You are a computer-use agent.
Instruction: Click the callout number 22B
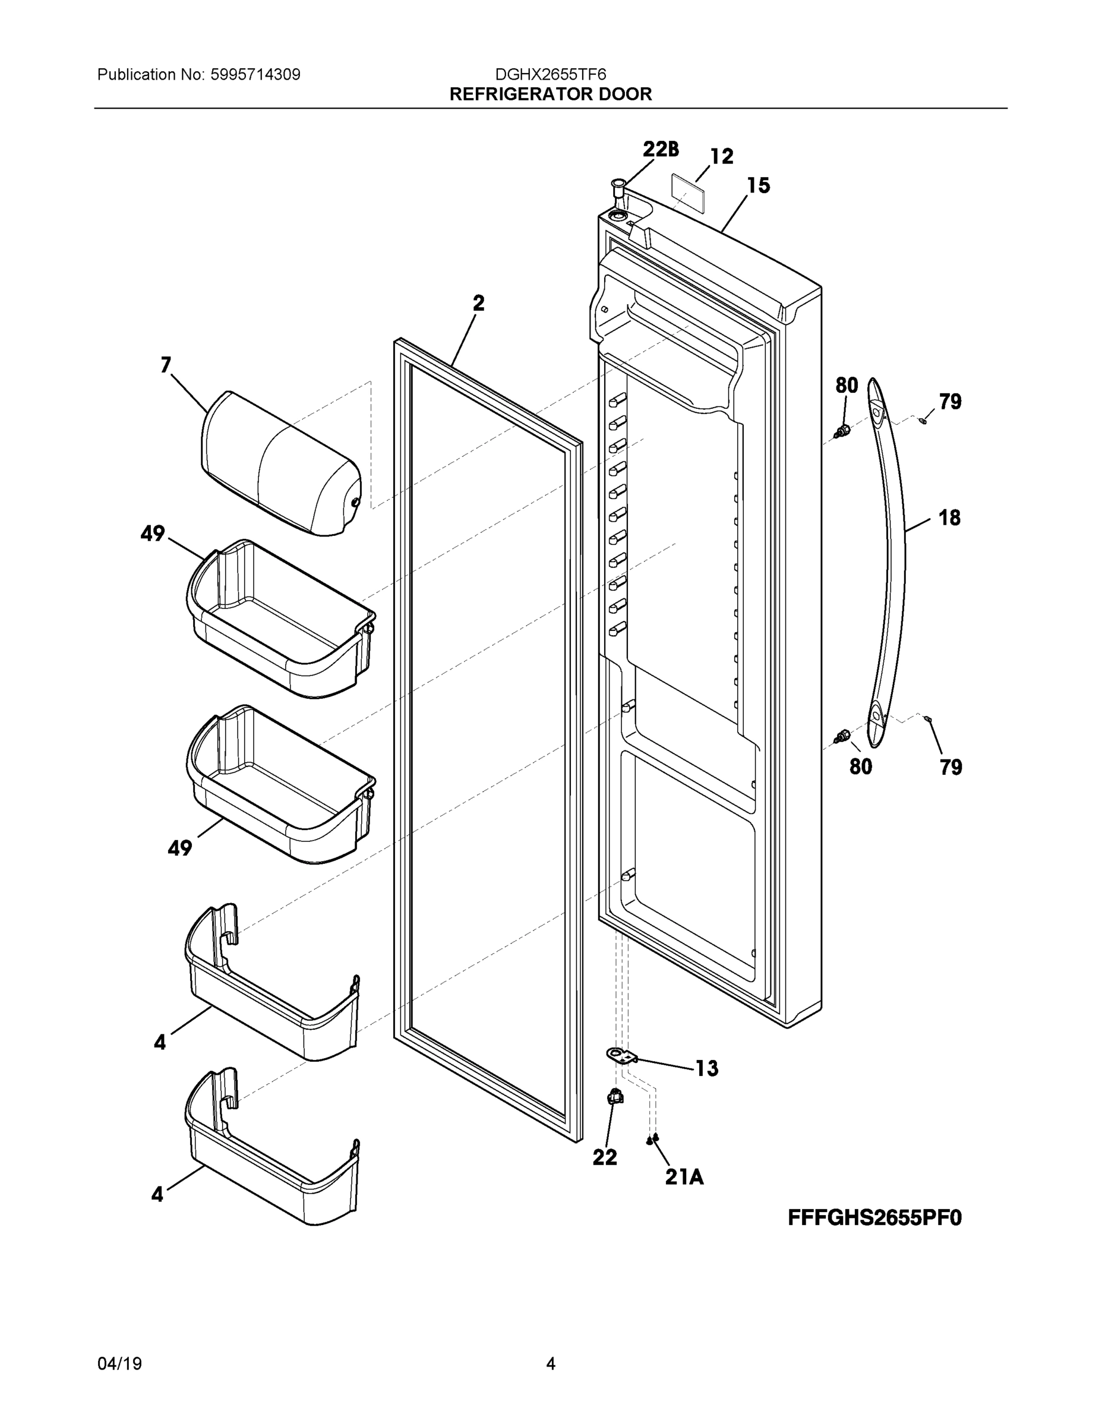click(x=660, y=150)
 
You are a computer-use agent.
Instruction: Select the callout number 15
click(x=758, y=186)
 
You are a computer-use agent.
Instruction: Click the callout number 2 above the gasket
click(x=479, y=303)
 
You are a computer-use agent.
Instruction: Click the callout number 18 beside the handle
click(x=949, y=518)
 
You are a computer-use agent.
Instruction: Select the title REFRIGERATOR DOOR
click(x=550, y=94)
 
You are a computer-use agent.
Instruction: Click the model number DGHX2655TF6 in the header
click(x=550, y=74)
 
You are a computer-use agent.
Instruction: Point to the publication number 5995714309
click(x=255, y=74)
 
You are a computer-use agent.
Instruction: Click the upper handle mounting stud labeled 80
click(x=842, y=430)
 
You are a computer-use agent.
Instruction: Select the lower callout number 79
click(x=951, y=767)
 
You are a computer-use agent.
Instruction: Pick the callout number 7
click(x=166, y=365)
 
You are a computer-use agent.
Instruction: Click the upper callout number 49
click(x=153, y=534)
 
